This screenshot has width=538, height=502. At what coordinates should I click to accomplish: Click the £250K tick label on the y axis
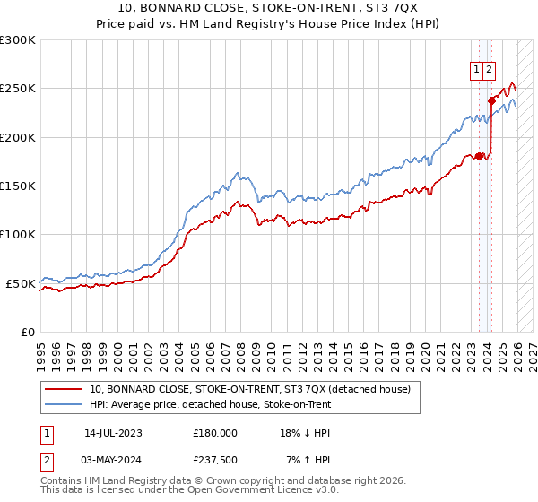18,89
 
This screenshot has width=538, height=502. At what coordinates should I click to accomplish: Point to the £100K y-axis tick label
18,235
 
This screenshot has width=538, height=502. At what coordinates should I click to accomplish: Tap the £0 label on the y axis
28,333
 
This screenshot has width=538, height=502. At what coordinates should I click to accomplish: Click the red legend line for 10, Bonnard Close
64,389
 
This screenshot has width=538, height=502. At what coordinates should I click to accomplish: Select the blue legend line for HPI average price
64,404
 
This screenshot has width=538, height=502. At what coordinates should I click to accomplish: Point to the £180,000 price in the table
215,432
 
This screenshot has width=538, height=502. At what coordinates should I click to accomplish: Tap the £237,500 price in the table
215,460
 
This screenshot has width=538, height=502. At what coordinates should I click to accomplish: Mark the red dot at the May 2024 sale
491,100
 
